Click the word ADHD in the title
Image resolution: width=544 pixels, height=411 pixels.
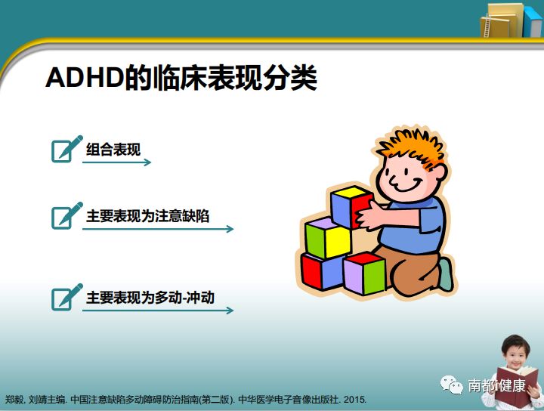coord(83,78)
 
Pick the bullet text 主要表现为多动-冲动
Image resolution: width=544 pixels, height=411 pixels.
coord(150,297)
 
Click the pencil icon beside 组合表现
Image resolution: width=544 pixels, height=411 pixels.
coord(66,149)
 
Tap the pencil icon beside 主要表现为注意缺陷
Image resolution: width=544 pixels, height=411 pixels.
coord(66,215)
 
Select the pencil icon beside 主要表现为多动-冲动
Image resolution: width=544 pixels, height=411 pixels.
coord(66,297)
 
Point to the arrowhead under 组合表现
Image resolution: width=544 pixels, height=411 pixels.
coord(147,162)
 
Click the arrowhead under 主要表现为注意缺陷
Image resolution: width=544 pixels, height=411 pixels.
coord(230,229)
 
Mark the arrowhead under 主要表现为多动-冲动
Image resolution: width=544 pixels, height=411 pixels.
coord(230,310)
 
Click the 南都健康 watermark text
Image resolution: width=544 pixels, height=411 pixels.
coord(496,385)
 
